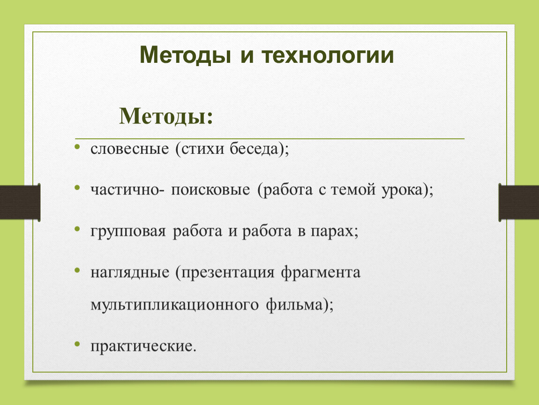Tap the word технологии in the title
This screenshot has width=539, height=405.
coord(328,55)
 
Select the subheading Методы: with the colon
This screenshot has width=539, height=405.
coord(166,117)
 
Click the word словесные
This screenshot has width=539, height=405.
coord(129,149)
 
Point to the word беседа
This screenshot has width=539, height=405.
coord(254,149)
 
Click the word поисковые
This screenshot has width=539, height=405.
coord(210,190)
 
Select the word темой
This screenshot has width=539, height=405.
coord(353,189)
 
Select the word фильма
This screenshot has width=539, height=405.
coord(294,305)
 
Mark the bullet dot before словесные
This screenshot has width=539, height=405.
coord(77,147)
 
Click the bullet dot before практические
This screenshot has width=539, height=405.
coord(77,344)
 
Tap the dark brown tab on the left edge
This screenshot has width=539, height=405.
coord(20,202)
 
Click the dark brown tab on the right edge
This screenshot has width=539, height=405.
coord(519,202)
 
